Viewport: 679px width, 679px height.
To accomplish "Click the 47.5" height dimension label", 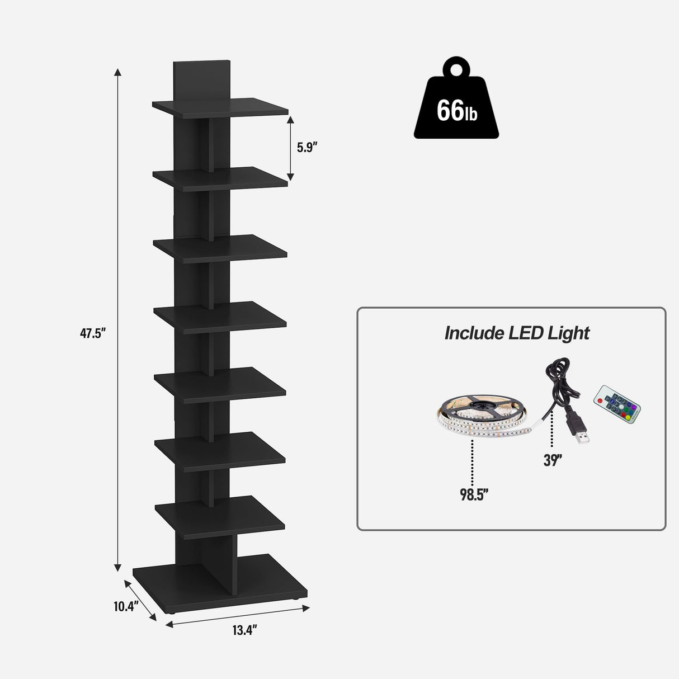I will (x=92, y=333).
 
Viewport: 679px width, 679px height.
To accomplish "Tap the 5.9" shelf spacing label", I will (x=307, y=148).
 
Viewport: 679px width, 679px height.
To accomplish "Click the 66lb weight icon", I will (x=456, y=109).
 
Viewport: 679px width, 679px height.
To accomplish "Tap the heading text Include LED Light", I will (x=516, y=333).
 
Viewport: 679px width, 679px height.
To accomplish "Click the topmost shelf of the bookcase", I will (x=220, y=106).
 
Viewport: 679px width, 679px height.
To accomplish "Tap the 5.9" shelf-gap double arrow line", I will (x=290, y=148).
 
